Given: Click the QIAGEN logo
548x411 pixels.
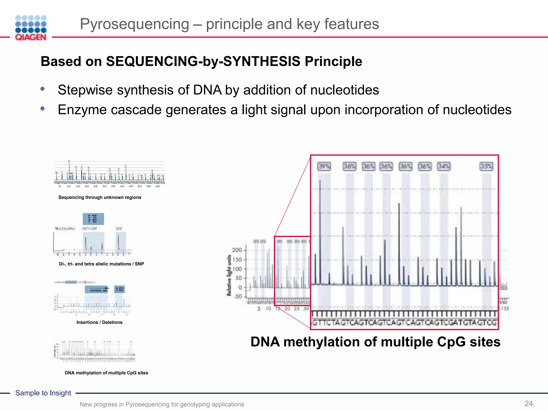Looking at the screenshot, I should (31, 28).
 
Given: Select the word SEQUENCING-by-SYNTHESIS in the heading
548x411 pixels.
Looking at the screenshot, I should (203, 61).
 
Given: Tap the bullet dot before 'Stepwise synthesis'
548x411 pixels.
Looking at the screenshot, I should (43, 89).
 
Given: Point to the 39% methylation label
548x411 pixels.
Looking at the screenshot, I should (324, 166).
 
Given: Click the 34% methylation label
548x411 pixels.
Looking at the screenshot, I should (443, 166).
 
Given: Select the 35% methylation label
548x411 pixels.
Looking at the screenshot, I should (486, 166).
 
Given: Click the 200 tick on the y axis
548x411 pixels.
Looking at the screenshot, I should (237, 250).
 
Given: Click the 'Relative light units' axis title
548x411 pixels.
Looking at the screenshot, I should (229, 275).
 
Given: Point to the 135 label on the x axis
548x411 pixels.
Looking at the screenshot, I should (505, 309).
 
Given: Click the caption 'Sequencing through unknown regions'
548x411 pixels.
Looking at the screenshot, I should (100, 197).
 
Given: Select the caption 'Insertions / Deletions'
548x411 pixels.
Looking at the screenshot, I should (99, 322).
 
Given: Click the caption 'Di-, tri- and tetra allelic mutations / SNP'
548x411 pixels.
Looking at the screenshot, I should (101, 264).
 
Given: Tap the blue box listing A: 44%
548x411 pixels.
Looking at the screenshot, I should (93, 219).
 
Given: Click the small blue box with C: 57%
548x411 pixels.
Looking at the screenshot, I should (119, 289).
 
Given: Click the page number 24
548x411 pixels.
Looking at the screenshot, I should (528, 404).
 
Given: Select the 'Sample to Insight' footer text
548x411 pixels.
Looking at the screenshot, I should (43, 393).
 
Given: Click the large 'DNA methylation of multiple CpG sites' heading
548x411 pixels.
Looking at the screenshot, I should (375, 342).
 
